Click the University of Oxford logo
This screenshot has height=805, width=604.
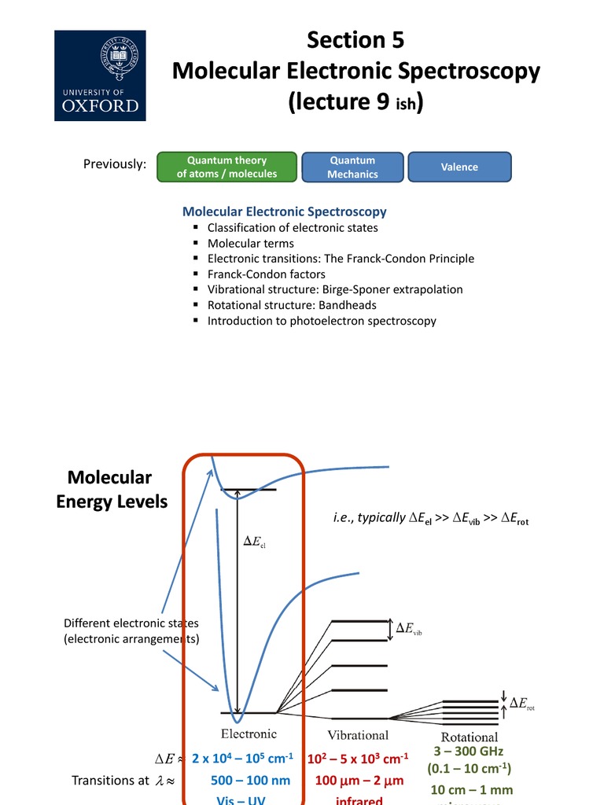(x=100, y=75)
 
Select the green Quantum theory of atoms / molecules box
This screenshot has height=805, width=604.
(x=227, y=167)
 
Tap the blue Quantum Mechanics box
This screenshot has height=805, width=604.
(x=352, y=167)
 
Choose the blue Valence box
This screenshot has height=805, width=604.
(x=459, y=167)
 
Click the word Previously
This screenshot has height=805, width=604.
(x=115, y=164)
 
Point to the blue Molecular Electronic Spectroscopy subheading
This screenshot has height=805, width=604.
(x=284, y=211)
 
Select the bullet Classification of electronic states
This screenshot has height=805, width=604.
(x=293, y=227)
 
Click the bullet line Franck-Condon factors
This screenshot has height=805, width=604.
(x=266, y=274)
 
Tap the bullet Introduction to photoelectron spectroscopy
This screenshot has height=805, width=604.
(x=322, y=321)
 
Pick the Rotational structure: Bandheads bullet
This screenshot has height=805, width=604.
(x=292, y=305)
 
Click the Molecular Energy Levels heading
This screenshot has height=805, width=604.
(x=112, y=489)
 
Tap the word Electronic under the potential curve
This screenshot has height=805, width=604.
(x=249, y=734)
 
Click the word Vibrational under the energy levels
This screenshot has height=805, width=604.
(x=358, y=735)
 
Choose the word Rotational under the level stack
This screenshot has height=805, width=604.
(x=470, y=737)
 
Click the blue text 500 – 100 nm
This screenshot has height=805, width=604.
(x=250, y=781)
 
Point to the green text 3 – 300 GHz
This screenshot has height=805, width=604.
(x=468, y=752)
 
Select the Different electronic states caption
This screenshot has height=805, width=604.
(x=131, y=630)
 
